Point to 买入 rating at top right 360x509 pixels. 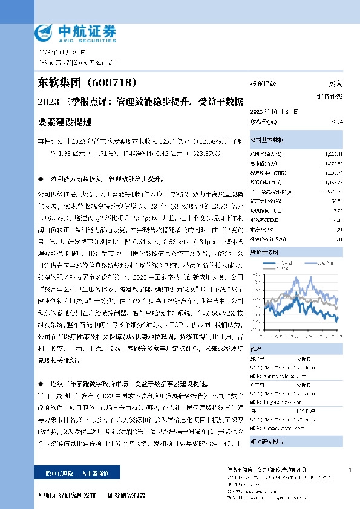click(x=335, y=84)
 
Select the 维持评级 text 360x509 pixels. click(x=330, y=96)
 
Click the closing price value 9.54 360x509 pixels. click(x=338, y=122)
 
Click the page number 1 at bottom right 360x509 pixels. click(x=350, y=470)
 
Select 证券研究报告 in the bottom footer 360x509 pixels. click(x=126, y=495)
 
